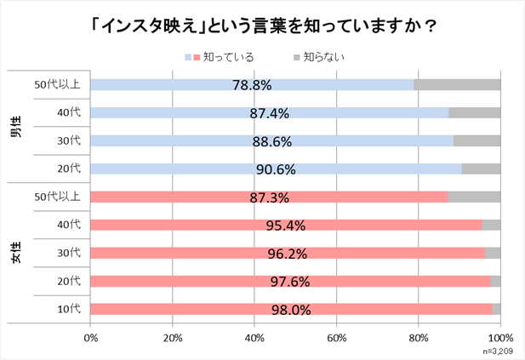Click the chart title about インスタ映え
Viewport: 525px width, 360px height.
click(x=262, y=26)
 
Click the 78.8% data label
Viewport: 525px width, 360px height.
click(x=251, y=85)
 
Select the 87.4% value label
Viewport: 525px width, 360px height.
click(x=270, y=113)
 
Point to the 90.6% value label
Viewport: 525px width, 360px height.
click(x=276, y=169)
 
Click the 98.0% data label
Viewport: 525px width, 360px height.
click(x=291, y=310)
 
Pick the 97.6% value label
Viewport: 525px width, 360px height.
click(x=290, y=282)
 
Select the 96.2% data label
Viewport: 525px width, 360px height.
click(x=288, y=254)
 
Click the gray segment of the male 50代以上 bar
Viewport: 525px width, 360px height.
click(x=457, y=84)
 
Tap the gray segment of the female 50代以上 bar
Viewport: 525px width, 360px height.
click(x=474, y=197)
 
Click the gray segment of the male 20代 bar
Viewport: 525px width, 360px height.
click(x=481, y=169)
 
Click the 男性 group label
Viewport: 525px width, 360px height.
click(x=16, y=127)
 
